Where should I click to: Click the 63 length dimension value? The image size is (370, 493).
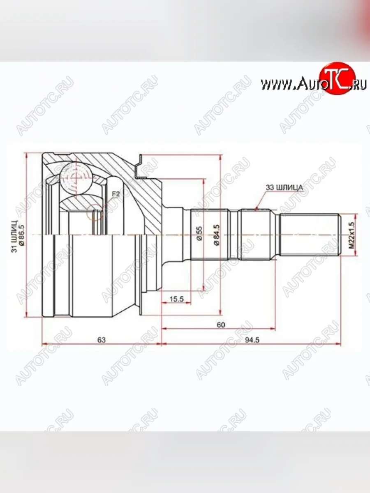point(102,339)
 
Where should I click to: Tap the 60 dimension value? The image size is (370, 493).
point(220,325)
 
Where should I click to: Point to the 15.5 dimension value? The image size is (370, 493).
point(176,299)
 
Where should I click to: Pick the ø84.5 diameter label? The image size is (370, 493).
point(216,235)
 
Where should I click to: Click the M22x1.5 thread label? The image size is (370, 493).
point(351,235)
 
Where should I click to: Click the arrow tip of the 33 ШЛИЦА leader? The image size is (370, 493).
point(256,210)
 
